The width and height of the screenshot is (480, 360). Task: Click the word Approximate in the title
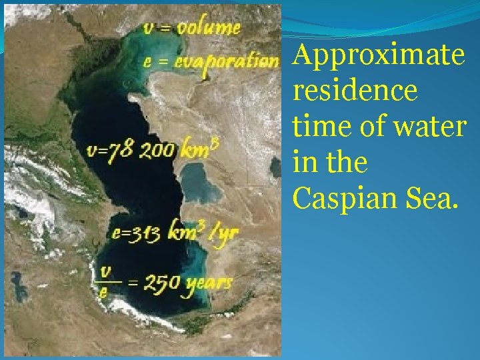[378, 57]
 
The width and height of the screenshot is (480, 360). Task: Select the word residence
[355, 91]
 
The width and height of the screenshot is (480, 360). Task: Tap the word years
[209, 283]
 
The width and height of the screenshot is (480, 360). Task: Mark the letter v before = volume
[149, 29]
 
